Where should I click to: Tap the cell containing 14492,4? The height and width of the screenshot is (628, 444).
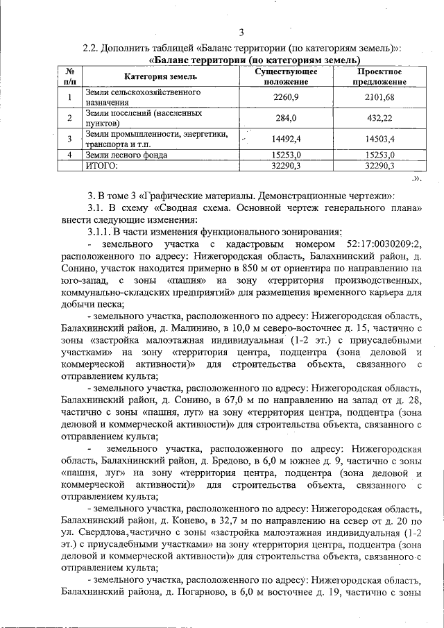(x=286, y=139)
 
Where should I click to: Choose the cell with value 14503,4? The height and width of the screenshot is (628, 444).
(x=379, y=139)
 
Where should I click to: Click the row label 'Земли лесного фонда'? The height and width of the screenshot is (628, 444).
(x=127, y=155)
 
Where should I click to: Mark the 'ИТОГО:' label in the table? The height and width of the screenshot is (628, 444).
(x=102, y=166)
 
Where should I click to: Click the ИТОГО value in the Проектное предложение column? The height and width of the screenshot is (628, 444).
(x=379, y=166)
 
